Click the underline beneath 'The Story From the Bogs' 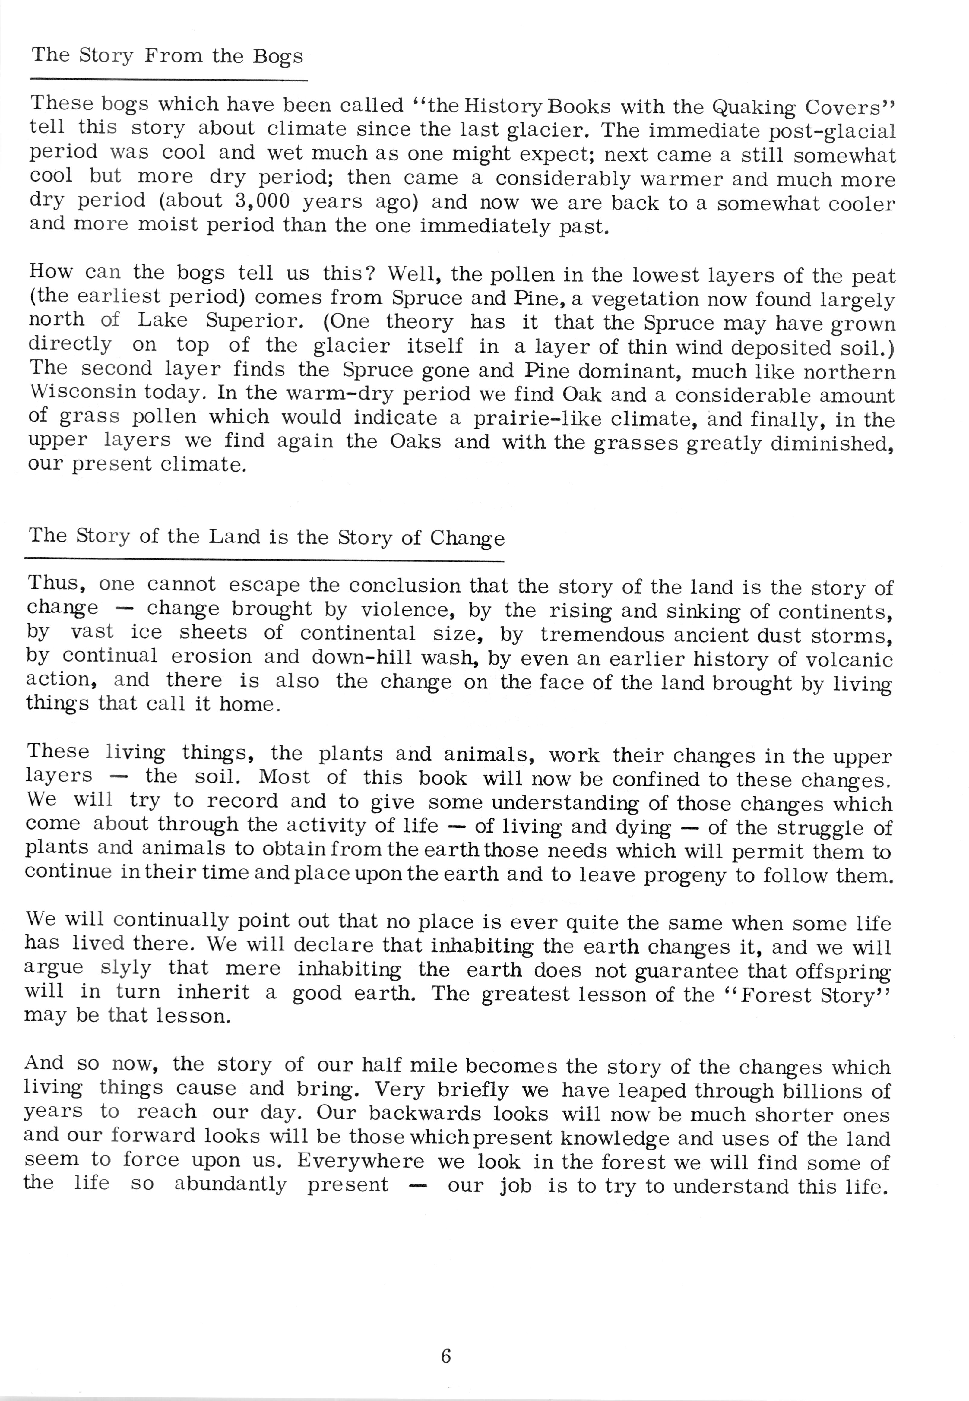coord(169,80)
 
